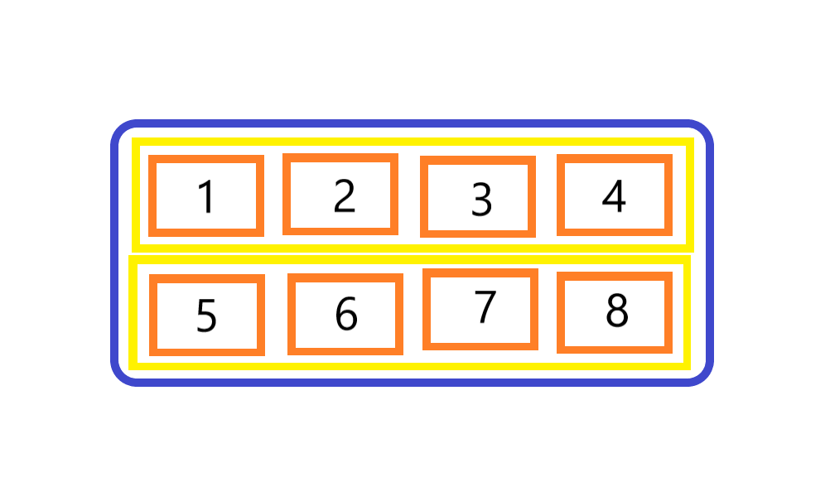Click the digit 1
pyautogui.click(x=206, y=197)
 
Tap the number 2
pyautogui.click(x=344, y=195)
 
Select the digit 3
pyautogui.click(x=481, y=199)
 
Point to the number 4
pyautogui.click(x=614, y=196)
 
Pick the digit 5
pyautogui.click(x=206, y=316)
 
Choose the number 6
pyautogui.click(x=345, y=314)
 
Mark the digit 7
pyautogui.click(x=485, y=307)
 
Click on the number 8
pyautogui.click(x=616, y=311)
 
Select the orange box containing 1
pyautogui.click(x=206, y=158)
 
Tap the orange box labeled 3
pyautogui.click(x=478, y=160)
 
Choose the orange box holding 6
pyautogui.click(x=345, y=277)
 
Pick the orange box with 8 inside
pyautogui.click(x=615, y=276)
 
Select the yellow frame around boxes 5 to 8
pyautogui.click(x=410, y=259)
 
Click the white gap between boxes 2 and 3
pyautogui.click(x=409, y=196)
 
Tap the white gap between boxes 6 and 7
pyautogui.click(x=413, y=312)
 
